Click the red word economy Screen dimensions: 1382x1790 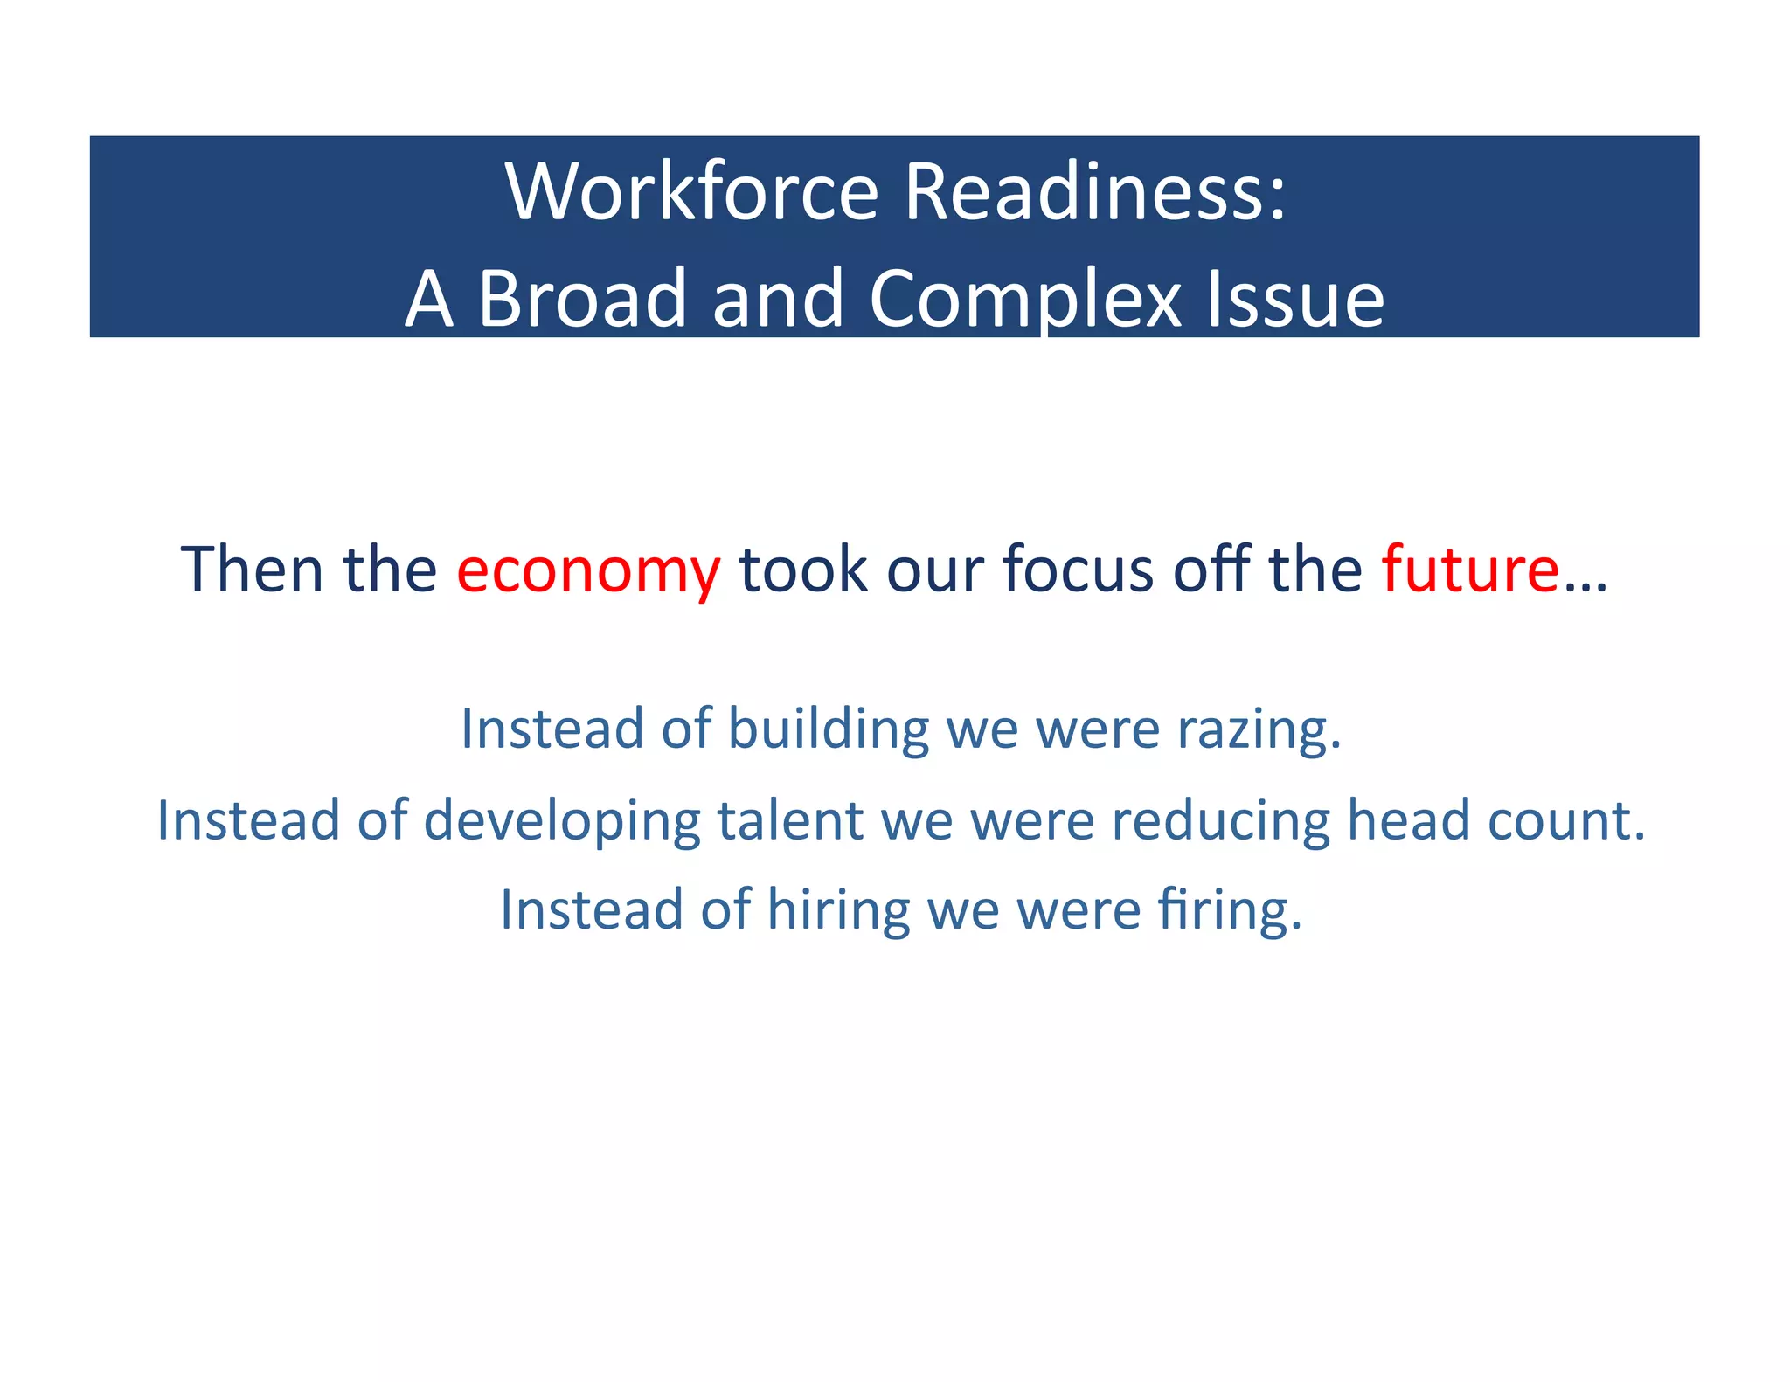point(588,570)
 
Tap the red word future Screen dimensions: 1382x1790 point(1470,570)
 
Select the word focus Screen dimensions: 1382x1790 point(1078,570)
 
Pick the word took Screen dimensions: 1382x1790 point(803,570)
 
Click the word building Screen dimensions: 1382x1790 point(829,729)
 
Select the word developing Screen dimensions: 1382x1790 point(562,822)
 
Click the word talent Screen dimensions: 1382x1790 point(790,820)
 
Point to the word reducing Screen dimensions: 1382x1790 point(1220,822)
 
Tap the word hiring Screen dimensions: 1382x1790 point(838,911)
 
